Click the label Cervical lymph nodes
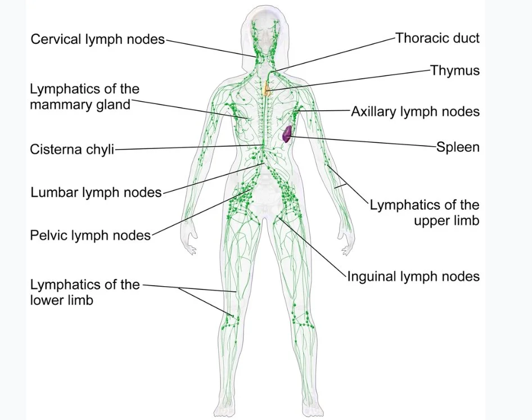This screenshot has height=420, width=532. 97,39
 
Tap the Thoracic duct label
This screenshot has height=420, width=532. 438,38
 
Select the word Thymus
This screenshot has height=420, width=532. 455,71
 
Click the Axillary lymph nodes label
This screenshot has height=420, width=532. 415,111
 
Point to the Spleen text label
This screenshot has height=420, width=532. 458,147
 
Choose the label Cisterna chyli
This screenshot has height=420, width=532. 72,150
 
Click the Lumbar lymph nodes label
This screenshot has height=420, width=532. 96,193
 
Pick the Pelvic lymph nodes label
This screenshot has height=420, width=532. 91,234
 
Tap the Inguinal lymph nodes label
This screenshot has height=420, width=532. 413,276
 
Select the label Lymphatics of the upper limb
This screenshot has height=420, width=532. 425,213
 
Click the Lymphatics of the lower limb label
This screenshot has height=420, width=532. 84,292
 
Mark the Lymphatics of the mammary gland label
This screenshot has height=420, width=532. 84,97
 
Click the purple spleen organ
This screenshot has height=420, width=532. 287,134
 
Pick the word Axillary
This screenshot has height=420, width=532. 374,111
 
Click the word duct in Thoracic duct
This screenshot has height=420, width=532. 466,38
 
